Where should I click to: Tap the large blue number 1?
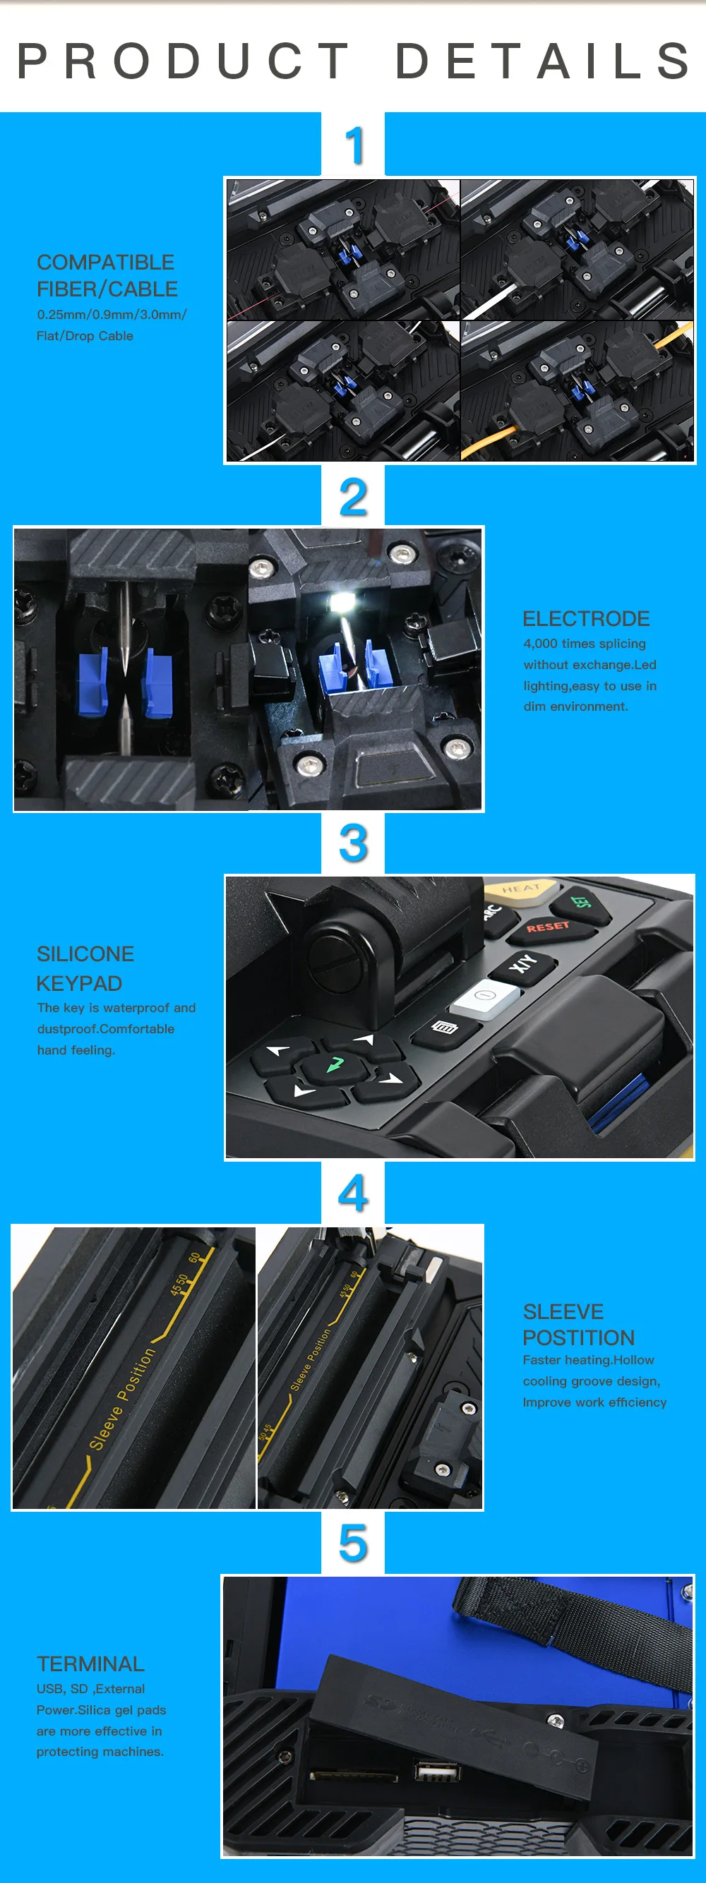click(x=354, y=145)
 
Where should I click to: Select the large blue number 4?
click(x=353, y=1193)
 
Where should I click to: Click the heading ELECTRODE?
click(x=585, y=618)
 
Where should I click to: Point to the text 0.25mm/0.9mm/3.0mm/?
click(x=112, y=314)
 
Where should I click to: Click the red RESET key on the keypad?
click(x=547, y=927)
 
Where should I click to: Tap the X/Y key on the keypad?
click(x=522, y=964)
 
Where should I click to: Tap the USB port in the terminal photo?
click(x=437, y=1771)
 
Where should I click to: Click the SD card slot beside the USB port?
click(x=354, y=1775)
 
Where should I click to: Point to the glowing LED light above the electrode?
click(x=340, y=602)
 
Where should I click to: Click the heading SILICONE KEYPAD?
click(x=85, y=968)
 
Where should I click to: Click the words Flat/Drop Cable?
click(x=85, y=335)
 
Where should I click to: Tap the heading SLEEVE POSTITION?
click(x=578, y=1324)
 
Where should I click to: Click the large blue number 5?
click(x=353, y=1543)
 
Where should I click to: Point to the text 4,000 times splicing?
click(x=584, y=643)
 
